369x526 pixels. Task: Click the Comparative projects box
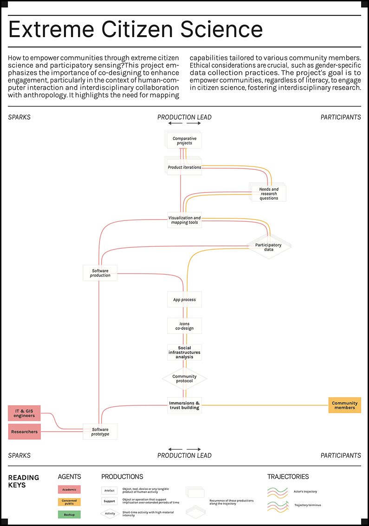point(184,141)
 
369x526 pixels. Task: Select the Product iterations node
point(184,167)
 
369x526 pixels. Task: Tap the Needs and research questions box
point(268,193)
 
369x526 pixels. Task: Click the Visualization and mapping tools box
point(184,220)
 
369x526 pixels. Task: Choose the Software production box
point(100,273)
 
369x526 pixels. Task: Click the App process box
point(184,300)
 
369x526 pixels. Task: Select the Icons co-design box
point(184,326)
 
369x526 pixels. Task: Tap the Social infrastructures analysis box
point(184,352)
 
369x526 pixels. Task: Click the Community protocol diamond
point(184,378)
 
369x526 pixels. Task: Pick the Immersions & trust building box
point(184,405)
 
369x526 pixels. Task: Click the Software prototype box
point(100,431)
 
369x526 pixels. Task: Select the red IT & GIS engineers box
point(24,413)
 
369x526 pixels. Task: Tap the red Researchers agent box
point(24,431)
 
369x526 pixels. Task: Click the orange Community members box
point(344,405)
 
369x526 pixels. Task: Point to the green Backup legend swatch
point(69,514)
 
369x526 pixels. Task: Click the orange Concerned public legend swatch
point(69,502)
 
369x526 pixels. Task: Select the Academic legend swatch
point(69,489)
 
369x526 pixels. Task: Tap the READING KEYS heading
point(24,481)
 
